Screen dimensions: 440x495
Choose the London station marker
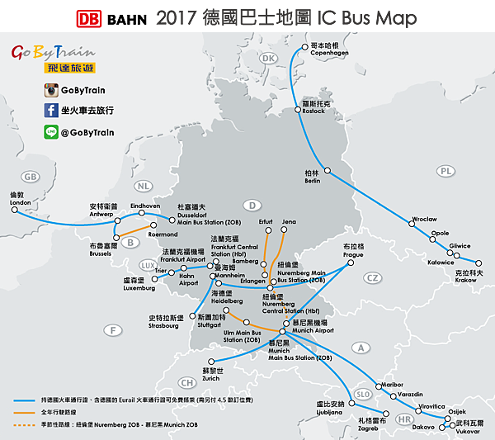pos(13,210)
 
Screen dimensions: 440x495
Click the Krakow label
pos(468,276)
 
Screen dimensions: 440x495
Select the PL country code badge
pos(446,171)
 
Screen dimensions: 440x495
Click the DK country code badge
pos(268,59)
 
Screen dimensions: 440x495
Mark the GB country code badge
pos(31,177)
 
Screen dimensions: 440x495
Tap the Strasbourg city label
pos(165,321)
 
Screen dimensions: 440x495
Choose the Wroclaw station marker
pos(410,220)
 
